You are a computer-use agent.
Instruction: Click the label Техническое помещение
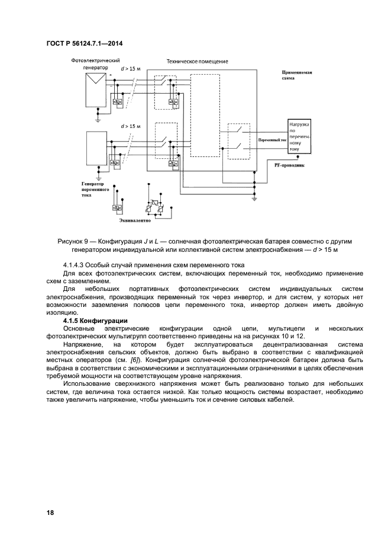pos(197,61)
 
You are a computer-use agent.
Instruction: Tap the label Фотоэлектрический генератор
pos(95,64)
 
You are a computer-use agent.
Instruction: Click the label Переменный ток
pos(272,141)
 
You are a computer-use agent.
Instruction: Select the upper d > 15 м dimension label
pos(131,69)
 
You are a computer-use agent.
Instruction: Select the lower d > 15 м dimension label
pos(131,126)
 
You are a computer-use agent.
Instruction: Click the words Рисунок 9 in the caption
pos(73,242)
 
